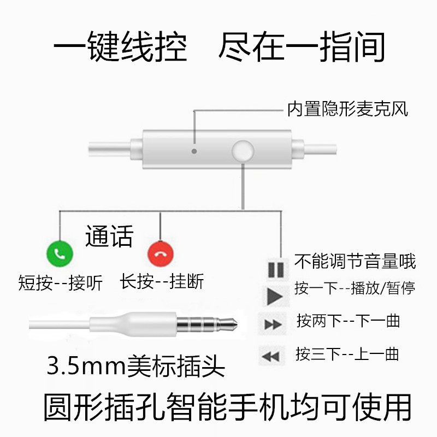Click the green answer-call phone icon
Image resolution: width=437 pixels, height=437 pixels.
click(60, 253)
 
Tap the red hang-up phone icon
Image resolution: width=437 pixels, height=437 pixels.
click(160, 253)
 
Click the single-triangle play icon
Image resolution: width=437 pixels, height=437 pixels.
click(274, 296)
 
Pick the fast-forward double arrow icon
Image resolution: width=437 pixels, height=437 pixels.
click(273, 324)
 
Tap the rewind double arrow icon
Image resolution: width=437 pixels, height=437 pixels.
click(271, 356)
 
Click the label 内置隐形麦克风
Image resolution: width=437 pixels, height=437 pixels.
click(347, 110)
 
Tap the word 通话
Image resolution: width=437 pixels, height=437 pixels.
click(109, 237)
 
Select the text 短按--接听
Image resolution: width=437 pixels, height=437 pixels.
click(61, 283)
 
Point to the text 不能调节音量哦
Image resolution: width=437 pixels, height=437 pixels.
click(355, 261)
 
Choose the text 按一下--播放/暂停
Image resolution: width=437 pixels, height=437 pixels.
click(355, 288)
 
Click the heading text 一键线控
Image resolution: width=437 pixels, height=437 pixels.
click(120, 48)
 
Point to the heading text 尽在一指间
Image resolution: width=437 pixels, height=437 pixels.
click(302, 48)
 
